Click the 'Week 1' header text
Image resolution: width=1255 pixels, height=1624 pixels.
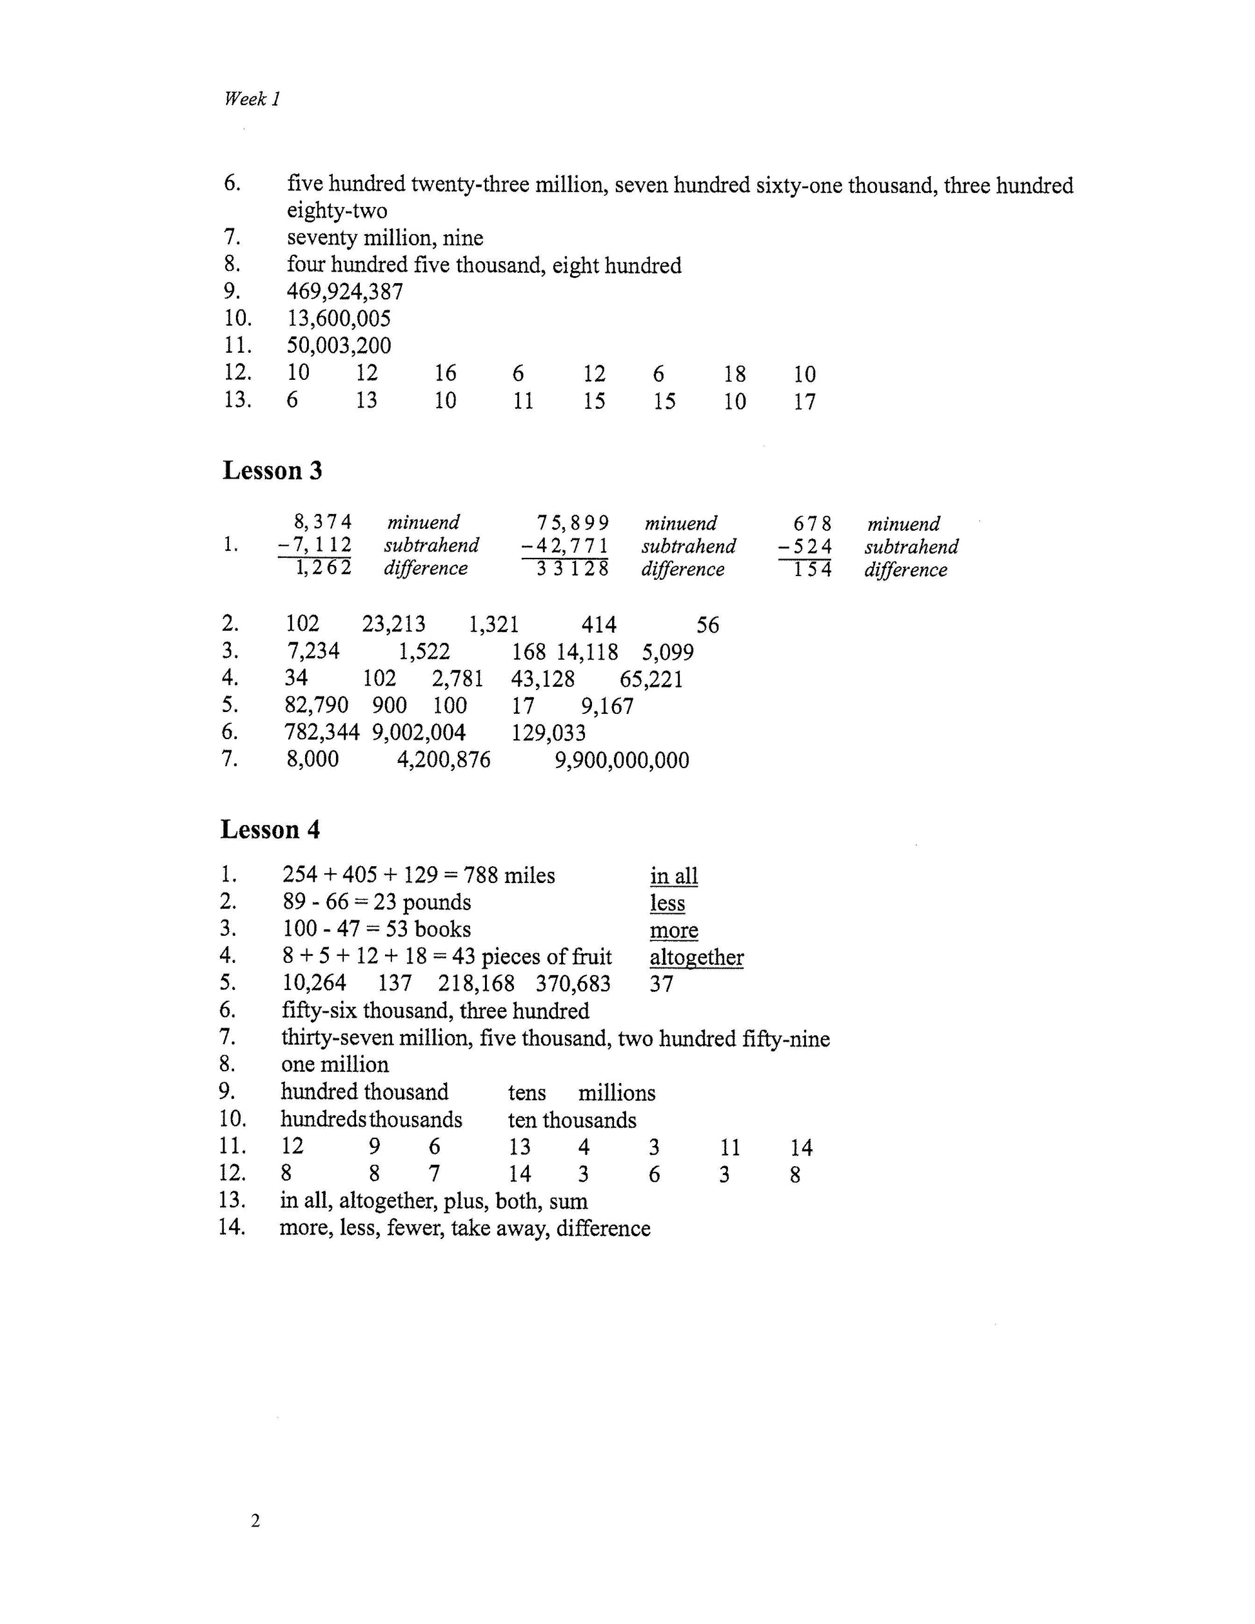click(252, 99)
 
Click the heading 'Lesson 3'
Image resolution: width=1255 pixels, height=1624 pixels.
click(272, 471)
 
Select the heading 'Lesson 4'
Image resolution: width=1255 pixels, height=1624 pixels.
click(270, 830)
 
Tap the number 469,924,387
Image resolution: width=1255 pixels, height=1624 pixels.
click(345, 292)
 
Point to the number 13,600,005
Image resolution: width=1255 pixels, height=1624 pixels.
click(339, 319)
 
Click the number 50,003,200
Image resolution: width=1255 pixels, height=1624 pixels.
click(339, 346)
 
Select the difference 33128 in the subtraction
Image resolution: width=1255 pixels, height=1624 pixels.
click(573, 569)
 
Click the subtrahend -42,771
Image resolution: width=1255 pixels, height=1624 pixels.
click(566, 546)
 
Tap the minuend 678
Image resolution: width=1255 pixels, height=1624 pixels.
click(812, 524)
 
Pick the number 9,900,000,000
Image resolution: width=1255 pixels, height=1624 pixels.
click(622, 760)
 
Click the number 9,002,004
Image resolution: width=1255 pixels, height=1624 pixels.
click(419, 733)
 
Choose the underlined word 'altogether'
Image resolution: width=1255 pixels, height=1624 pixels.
click(697, 958)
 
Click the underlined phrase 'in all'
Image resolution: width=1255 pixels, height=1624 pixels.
click(673, 876)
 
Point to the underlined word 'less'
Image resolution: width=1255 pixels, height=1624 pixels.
click(667, 904)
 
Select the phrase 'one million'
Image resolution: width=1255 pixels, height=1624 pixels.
click(335, 1065)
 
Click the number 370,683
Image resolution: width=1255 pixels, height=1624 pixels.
click(573, 984)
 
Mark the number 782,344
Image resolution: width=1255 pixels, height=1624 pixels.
click(321, 733)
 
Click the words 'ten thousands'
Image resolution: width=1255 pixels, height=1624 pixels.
click(572, 1120)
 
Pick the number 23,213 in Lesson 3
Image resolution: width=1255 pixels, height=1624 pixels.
click(393, 624)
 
